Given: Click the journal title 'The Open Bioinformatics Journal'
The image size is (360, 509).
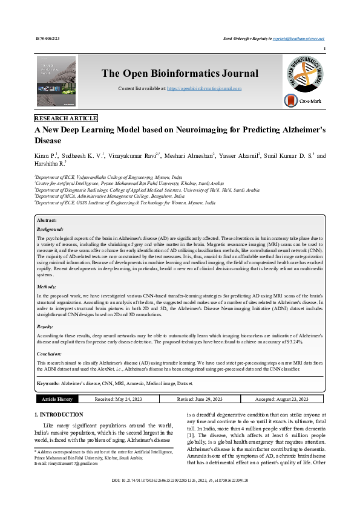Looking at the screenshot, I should (x=180, y=74).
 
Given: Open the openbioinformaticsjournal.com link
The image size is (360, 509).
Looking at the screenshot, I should (x=204, y=88).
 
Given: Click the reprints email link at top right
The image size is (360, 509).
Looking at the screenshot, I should (x=298, y=38).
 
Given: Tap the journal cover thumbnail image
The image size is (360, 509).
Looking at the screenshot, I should (x=56, y=82).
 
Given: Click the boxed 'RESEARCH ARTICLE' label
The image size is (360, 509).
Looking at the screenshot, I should (x=66, y=118).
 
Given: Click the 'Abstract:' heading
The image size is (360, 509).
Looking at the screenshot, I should (x=47, y=221).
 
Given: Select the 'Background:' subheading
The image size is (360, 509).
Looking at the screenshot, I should (x=50, y=230).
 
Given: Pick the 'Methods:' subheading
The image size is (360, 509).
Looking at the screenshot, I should (x=47, y=287).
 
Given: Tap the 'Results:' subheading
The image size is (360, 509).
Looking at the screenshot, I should (x=46, y=326).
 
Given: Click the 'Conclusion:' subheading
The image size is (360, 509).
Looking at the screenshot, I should (x=49, y=354).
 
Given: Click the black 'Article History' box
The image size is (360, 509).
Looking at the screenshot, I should (x=57, y=399).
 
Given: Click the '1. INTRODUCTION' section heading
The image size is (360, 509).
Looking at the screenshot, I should (x=59, y=415).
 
